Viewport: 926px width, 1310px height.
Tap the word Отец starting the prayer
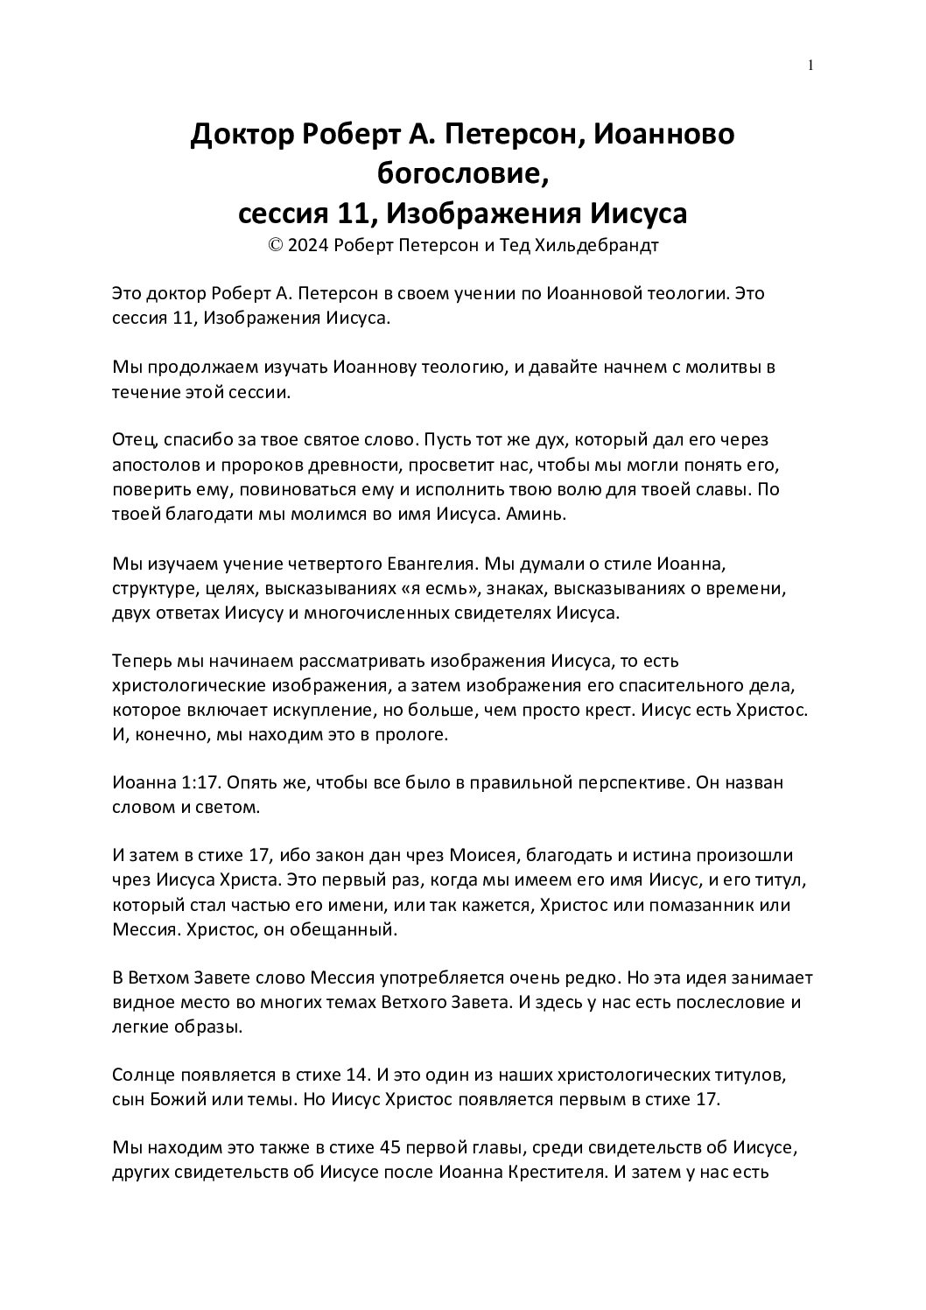pos(134,438)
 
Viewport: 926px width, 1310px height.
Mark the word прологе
pos(415,736)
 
